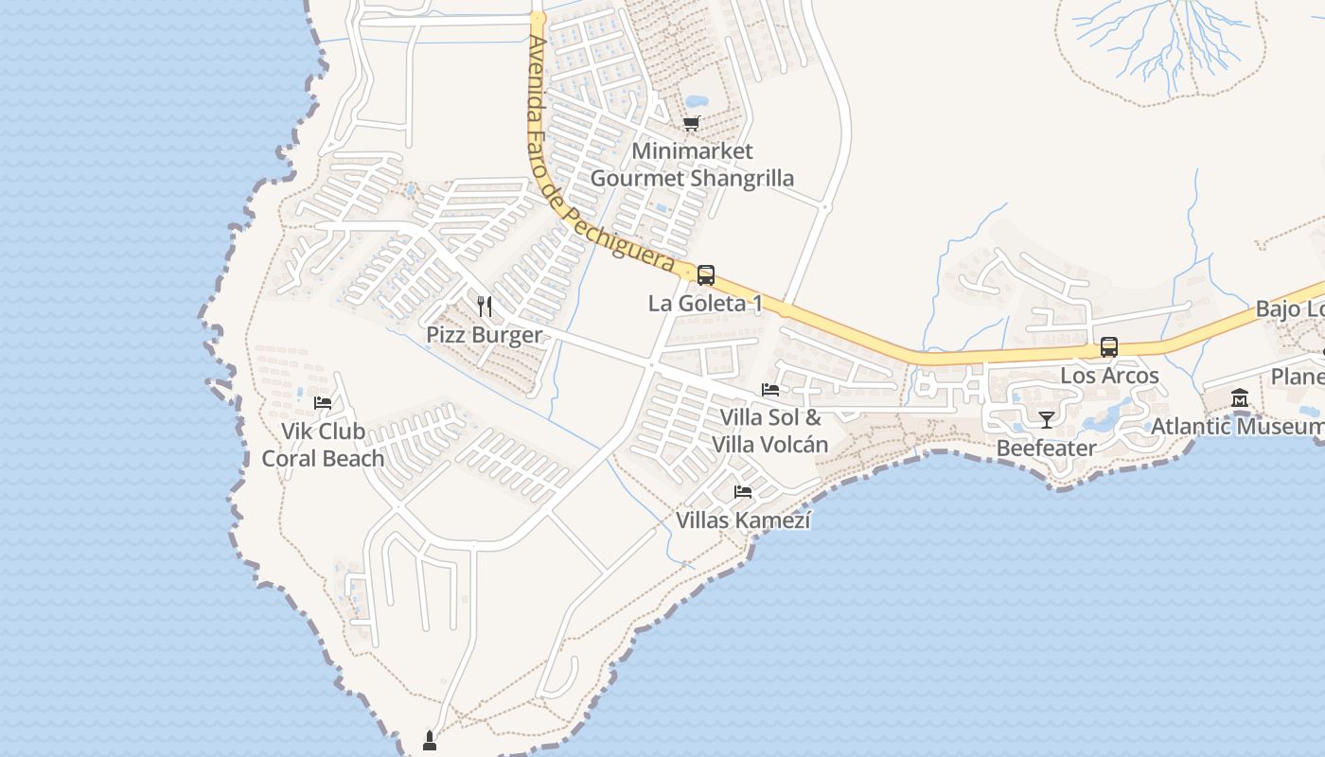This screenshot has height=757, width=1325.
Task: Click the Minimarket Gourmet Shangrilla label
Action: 692,165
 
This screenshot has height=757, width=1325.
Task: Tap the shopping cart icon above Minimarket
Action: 692,123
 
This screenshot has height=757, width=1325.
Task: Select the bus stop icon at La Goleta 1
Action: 706,275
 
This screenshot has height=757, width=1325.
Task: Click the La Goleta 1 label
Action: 705,304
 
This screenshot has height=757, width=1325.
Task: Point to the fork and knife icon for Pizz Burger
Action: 485,306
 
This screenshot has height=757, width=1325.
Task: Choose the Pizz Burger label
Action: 485,335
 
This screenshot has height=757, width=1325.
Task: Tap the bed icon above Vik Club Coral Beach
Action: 323,402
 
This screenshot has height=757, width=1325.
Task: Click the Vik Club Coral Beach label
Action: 323,445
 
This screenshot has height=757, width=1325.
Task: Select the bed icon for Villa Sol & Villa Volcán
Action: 770,389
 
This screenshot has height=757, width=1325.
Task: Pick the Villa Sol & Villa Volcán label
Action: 770,431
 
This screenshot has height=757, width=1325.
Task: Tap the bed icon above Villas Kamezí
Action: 743,492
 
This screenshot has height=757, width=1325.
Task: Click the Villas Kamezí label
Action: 743,520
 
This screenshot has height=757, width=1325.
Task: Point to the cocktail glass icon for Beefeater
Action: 1047,419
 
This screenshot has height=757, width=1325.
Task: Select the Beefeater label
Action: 1047,448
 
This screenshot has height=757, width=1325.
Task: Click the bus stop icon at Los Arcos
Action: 1109,347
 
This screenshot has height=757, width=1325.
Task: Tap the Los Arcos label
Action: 1109,376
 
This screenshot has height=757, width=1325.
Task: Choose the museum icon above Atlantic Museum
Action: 1240,398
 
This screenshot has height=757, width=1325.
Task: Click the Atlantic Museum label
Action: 1236,427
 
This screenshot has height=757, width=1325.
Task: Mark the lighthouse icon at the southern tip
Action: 429,740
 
